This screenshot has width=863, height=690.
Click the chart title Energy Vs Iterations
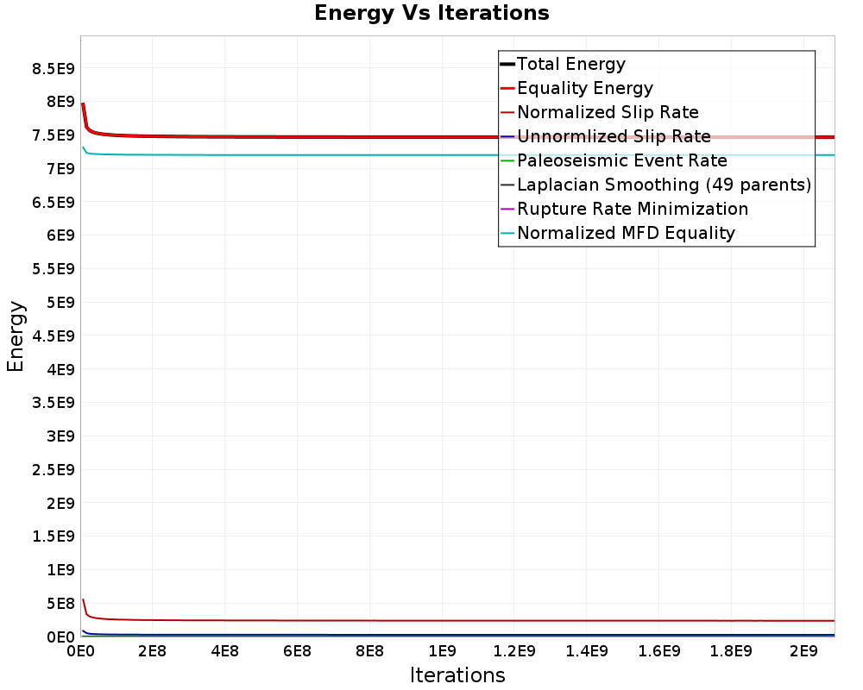[x=431, y=14]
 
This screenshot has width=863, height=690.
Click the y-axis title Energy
[x=16, y=336]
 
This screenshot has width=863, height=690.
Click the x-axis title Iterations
[x=457, y=674]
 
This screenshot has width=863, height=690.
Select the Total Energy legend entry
[x=570, y=64]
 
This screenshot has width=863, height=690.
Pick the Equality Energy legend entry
[x=584, y=88]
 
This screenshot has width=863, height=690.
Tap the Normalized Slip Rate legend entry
[x=608, y=112]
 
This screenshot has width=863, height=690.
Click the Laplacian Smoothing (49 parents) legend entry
[x=663, y=185]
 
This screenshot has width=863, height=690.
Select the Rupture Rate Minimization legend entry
[x=632, y=209]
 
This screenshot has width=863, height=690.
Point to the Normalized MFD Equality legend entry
[x=626, y=233]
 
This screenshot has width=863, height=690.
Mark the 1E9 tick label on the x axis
[x=442, y=649]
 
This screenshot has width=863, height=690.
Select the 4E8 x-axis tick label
[x=224, y=649]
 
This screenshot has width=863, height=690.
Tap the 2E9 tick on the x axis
[x=803, y=649]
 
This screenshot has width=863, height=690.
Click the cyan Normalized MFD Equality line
[x=345, y=155]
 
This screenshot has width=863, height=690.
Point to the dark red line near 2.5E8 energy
[x=345, y=620]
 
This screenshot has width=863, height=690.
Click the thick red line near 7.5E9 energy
[x=345, y=136]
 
